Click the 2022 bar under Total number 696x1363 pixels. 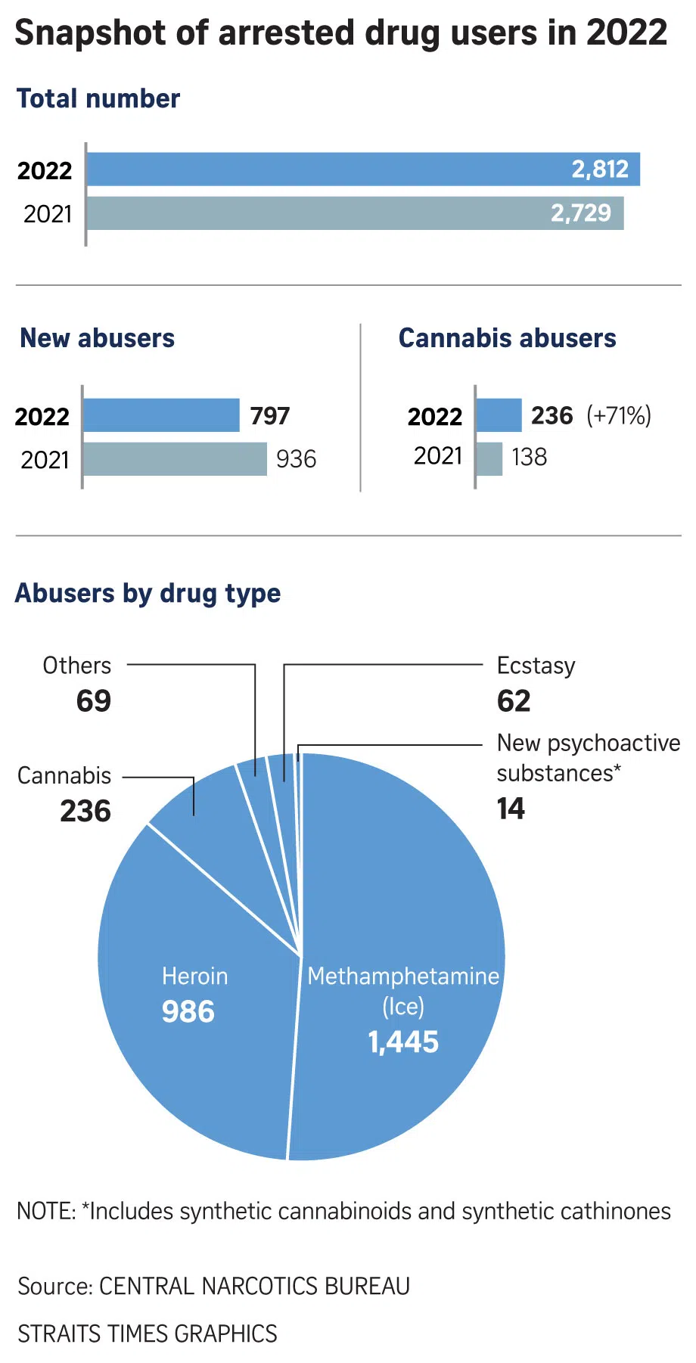coord(363,169)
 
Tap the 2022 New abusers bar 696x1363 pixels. coord(161,415)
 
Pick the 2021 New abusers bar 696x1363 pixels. coord(175,459)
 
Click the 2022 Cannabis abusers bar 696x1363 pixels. coord(499,415)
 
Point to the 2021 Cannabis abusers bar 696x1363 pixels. coord(489,458)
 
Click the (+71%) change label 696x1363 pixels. coord(619,415)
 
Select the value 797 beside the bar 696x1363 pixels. coord(270,415)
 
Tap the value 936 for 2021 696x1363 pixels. coord(296,459)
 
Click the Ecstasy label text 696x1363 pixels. coord(536,666)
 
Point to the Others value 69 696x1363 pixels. coord(94,701)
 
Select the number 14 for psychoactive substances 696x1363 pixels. coord(511,809)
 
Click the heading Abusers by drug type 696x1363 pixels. coord(148,594)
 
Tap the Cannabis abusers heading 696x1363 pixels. coord(507,338)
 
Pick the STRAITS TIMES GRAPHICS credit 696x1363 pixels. coord(148,1334)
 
